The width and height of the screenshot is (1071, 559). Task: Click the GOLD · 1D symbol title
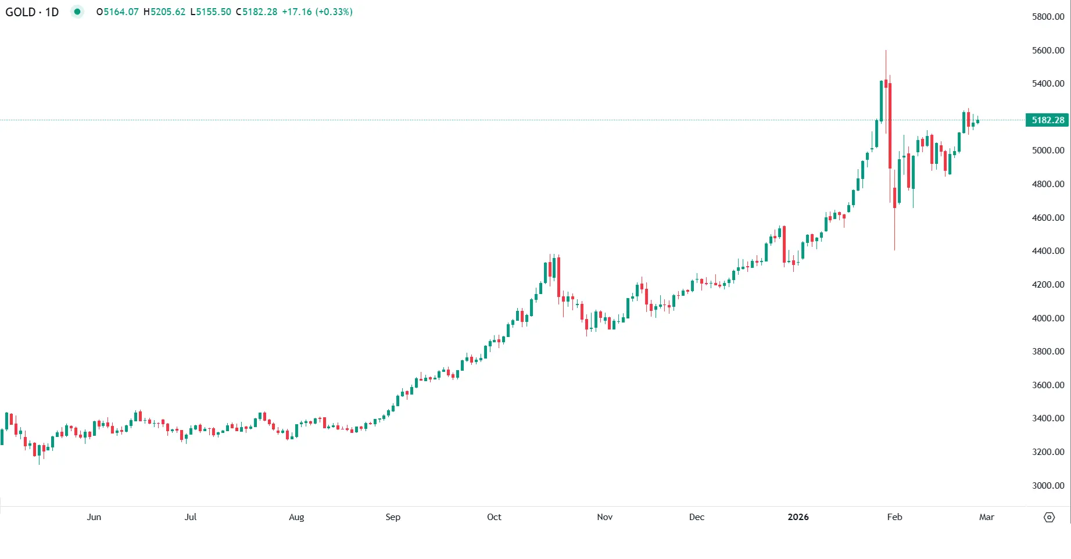[x=32, y=12]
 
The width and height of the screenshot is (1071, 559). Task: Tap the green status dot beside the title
[x=77, y=12]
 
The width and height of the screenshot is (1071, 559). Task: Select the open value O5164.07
[x=117, y=12]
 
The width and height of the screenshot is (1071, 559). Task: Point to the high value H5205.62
[x=164, y=12]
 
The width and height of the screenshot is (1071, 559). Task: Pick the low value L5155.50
[x=210, y=12]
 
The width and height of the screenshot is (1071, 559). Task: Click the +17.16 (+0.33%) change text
[x=317, y=12]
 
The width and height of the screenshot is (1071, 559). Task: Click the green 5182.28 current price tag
[x=1047, y=120]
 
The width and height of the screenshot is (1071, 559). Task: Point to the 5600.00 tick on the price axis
[x=1048, y=50]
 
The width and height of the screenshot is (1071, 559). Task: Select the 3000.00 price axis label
[x=1048, y=485]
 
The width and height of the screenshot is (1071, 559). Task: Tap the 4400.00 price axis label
[x=1048, y=251]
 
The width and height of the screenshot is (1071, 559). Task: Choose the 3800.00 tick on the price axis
[x=1048, y=352]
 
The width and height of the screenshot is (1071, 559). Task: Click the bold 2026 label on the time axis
[x=798, y=517]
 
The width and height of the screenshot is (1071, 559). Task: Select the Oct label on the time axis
[x=494, y=517]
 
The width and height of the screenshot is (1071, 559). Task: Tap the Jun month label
[x=94, y=517]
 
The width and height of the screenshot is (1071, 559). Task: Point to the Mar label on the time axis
[x=986, y=517]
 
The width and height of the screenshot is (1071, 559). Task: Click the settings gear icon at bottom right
[x=1049, y=517]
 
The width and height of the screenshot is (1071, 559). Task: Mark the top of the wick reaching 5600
[x=886, y=51]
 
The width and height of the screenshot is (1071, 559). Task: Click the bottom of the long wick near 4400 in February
[x=894, y=249]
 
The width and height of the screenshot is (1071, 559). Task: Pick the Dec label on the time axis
[x=696, y=517]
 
